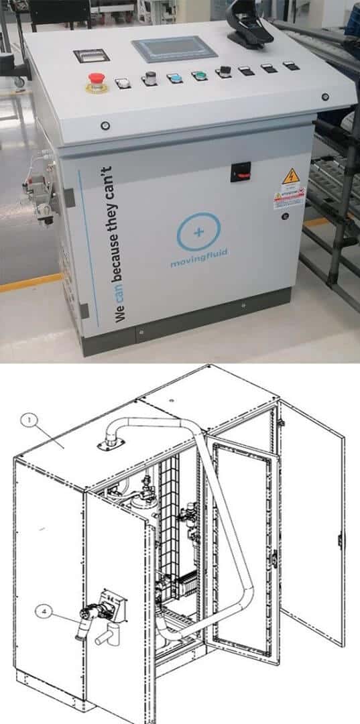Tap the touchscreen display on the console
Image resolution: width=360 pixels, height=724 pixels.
click(164, 49)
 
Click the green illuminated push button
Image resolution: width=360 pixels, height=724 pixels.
click(199, 76)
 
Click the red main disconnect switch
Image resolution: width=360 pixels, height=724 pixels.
click(239, 172)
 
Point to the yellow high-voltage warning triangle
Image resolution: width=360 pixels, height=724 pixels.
click(290, 178)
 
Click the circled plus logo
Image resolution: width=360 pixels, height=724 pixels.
click(198, 232)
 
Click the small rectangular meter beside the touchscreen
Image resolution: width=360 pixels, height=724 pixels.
click(91, 56)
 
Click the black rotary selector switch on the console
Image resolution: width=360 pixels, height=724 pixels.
click(222, 72)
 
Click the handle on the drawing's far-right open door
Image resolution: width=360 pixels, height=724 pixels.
click(340, 540)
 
